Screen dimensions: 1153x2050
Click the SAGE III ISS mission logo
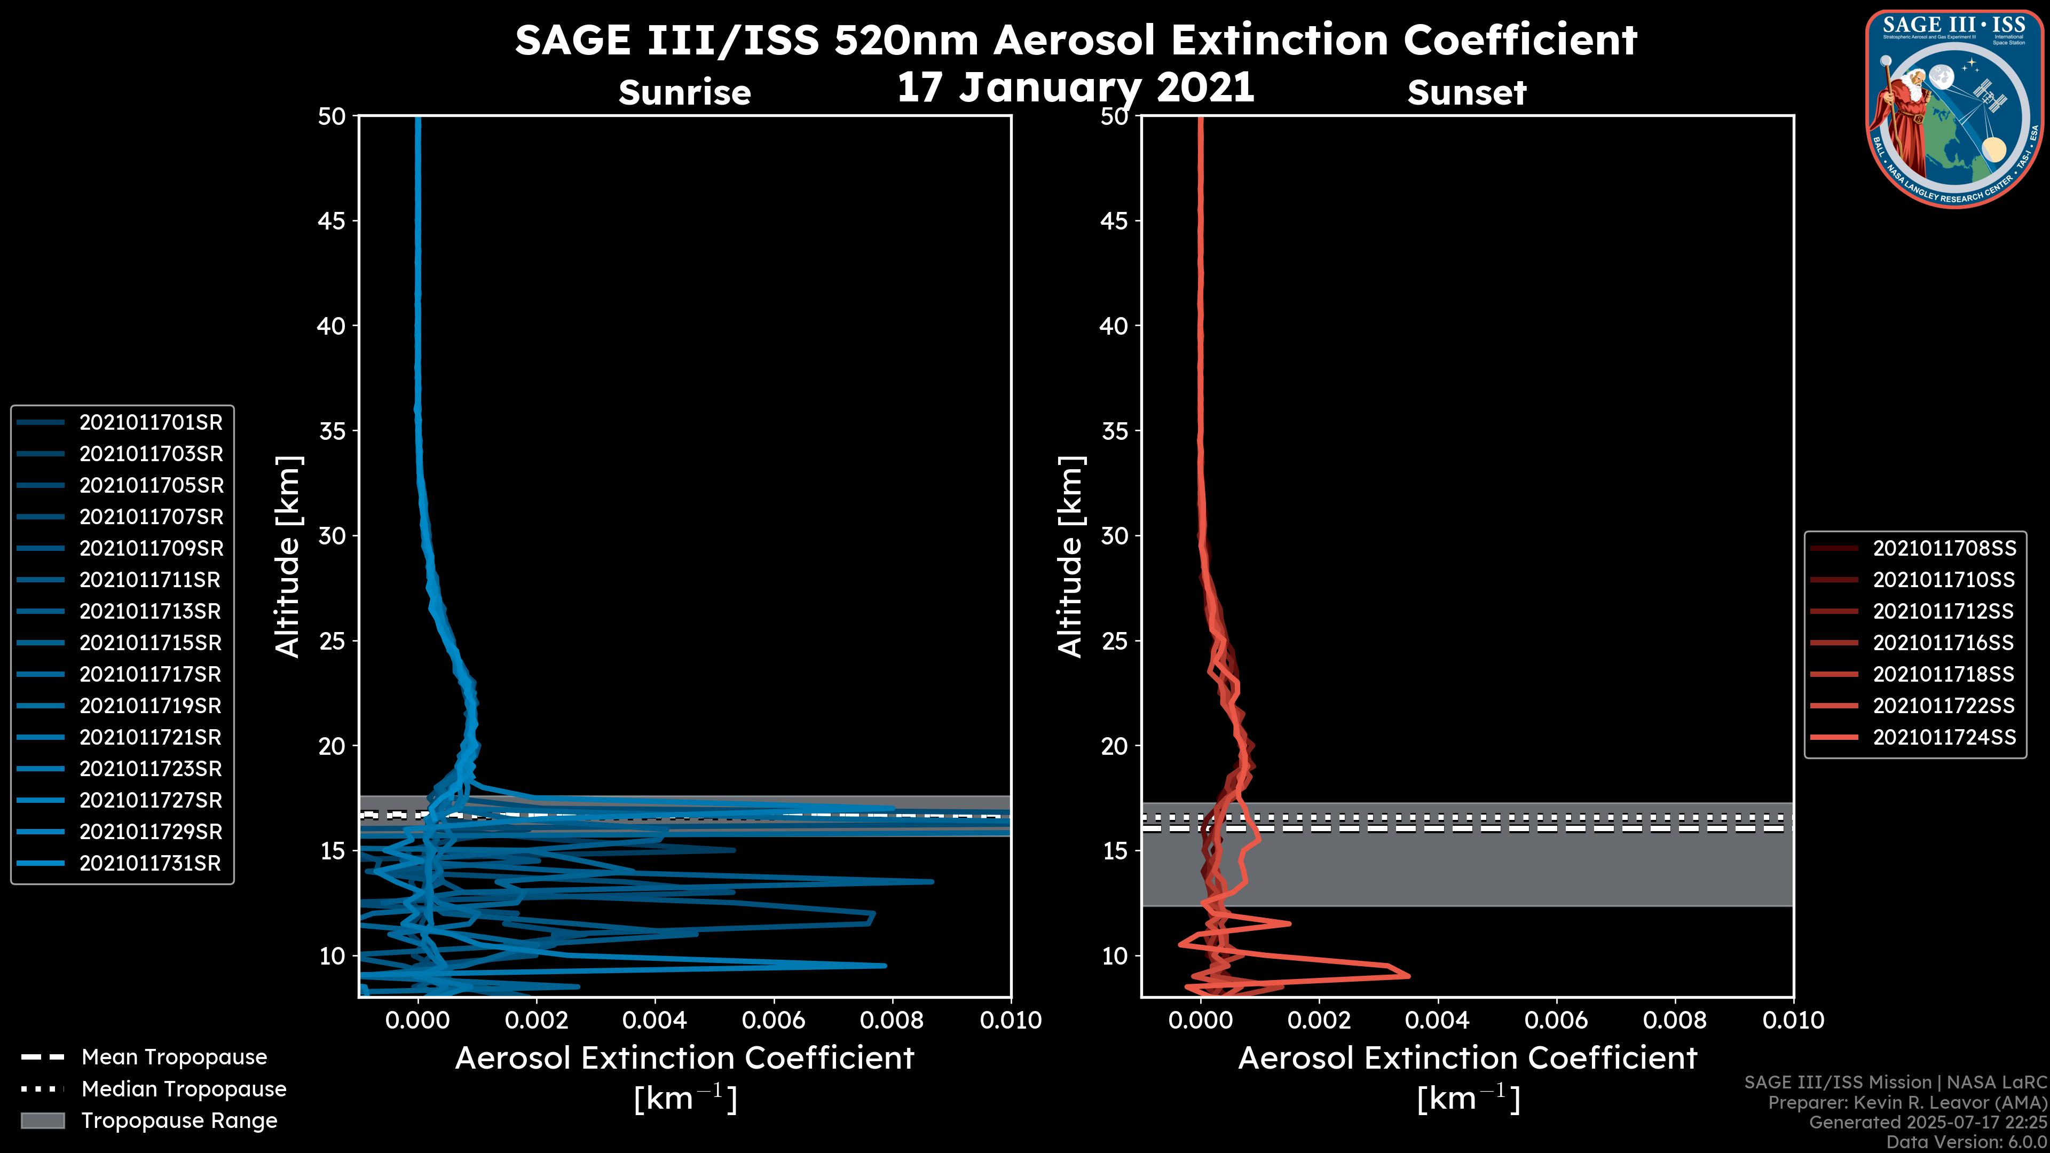1957,109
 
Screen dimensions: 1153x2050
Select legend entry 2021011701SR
151,423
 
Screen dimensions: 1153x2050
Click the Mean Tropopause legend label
174,1057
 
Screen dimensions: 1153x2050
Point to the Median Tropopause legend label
183,1089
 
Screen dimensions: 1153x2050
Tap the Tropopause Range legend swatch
42,1121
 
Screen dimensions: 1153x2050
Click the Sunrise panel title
684,93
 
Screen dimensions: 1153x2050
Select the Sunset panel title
1466,93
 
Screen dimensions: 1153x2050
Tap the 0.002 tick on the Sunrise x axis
537,1020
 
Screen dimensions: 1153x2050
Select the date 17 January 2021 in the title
1075,88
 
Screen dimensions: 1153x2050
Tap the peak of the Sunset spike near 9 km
1409,976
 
